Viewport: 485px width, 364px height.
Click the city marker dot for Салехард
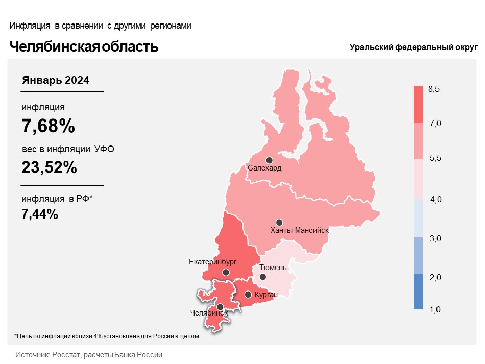coord(269,160)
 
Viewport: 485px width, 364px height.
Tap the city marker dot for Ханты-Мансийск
coord(279,223)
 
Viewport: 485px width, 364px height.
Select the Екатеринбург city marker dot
coord(226,272)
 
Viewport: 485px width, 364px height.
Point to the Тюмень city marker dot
coord(262,277)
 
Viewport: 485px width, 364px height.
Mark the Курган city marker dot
coord(248,295)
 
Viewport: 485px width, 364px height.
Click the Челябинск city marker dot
coord(220,307)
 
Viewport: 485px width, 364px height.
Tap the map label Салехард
coord(264,168)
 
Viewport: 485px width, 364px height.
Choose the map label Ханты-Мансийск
coord(299,230)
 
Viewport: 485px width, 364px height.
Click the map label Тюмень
coord(273,268)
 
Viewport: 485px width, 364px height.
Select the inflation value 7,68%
coord(48,126)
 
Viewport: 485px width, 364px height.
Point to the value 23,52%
coord(49,167)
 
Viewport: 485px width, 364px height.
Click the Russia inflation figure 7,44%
coord(40,214)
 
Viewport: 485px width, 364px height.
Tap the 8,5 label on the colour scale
coord(433,89)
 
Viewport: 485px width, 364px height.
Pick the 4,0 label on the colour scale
coord(436,200)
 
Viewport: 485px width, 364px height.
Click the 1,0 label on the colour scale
coord(435,309)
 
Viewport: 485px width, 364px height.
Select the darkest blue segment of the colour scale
coord(418,292)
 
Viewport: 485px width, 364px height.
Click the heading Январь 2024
coord(55,81)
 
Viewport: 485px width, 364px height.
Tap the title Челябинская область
coord(84,46)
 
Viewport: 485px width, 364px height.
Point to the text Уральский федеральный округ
coord(414,47)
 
